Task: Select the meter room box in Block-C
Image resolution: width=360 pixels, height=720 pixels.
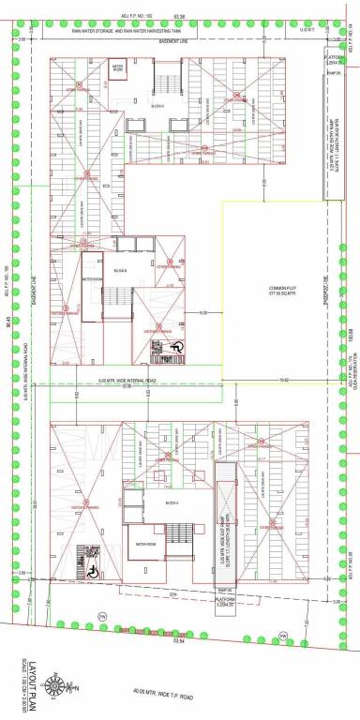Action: [119, 70]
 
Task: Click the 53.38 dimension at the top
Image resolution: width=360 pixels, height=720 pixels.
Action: [180, 17]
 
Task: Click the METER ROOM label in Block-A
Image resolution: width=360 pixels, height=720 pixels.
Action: [144, 544]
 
